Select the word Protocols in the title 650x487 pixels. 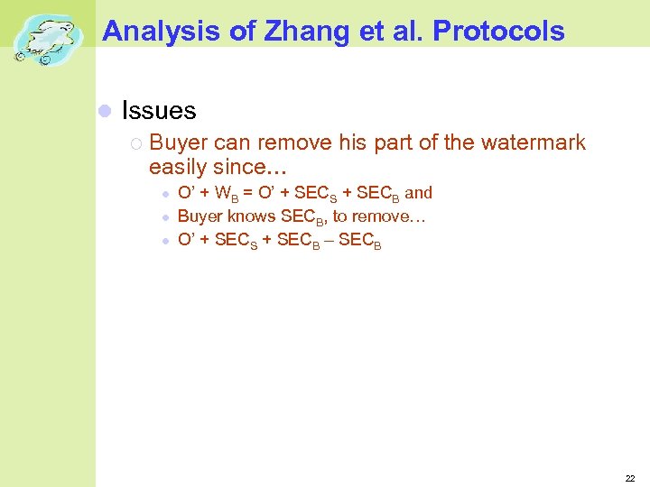tap(499, 32)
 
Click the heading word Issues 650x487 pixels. tap(159, 111)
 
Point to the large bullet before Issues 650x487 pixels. tap(104, 111)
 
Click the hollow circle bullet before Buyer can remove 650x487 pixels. tap(135, 143)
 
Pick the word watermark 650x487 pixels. tap(535, 142)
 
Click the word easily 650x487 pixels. tap(178, 167)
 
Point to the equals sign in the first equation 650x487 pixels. tap(247, 193)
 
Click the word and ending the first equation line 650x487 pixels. tap(418, 192)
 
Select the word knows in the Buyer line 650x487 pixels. tap(252, 216)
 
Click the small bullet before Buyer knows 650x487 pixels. tap(165, 217)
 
